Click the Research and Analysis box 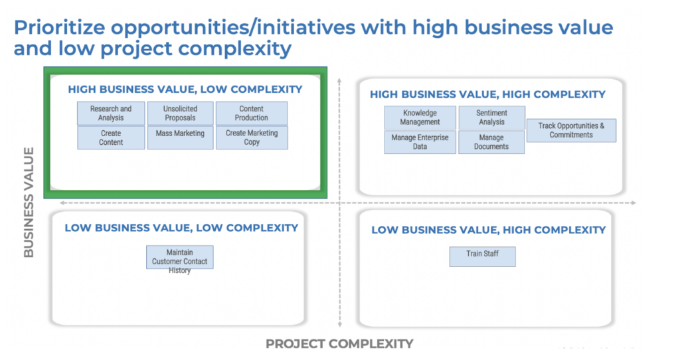111,113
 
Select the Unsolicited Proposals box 181,113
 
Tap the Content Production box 252,113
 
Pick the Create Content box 111,137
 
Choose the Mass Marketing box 181,137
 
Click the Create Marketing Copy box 252,137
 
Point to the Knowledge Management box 420,118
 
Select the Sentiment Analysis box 492,118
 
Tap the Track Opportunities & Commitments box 571,131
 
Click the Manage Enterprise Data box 420,142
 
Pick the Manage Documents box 491,142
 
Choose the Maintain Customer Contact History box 179,257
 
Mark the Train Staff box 482,257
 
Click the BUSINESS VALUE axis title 29,203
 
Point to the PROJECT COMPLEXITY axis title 339,344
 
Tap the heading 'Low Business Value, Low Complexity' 181,228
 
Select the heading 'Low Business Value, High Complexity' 488,230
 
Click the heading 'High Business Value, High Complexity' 487,94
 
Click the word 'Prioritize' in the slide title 60,27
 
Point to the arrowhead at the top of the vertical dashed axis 339,80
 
